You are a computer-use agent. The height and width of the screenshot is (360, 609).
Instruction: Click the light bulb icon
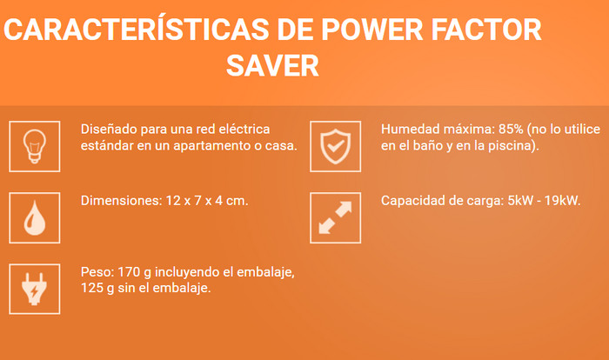pyautogui.click(x=35, y=146)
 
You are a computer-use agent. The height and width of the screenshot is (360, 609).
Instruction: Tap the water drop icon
pyautogui.click(x=35, y=218)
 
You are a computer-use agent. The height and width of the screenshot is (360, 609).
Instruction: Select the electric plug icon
pyautogui.click(x=35, y=289)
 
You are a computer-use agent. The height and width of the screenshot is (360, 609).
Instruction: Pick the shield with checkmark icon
pyautogui.click(x=336, y=146)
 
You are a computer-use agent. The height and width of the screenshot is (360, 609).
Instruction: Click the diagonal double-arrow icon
pyautogui.click(x=335, y=218)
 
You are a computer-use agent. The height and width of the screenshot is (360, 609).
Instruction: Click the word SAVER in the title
pyautogui.click(x=272, y=65)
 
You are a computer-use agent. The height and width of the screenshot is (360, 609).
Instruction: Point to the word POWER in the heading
pyautogui.click(x=372, y=30)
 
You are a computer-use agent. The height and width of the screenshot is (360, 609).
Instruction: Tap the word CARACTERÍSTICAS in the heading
pyautogui.click(x=137, y=30)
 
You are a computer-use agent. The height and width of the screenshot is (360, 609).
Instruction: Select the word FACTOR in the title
pyautogui.click(x=486, y=30)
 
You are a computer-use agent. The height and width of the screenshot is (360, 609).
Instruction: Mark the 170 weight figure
pyautogui.click(x=129, y=272)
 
